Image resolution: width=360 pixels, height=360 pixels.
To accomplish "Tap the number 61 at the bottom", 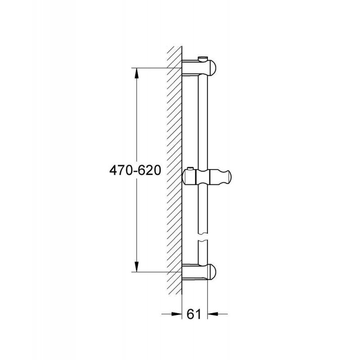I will (193, 314).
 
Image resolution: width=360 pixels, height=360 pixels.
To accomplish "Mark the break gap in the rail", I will (203, 237).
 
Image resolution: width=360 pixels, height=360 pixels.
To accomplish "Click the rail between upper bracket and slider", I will (203, 121).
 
